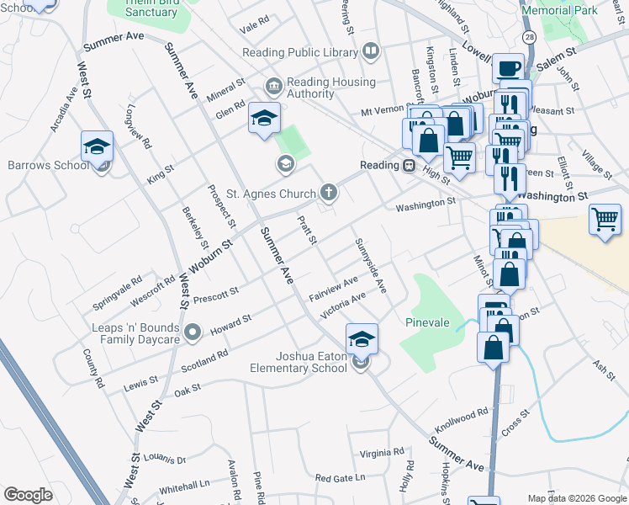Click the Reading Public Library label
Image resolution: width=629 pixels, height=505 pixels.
click(300, 52)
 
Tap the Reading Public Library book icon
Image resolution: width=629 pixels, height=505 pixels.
click(371, 52)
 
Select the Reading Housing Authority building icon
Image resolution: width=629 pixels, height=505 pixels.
click(273, 86)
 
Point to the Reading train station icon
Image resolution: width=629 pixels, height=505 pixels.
click(408, 165)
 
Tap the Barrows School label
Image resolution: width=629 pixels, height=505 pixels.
click(48, 165)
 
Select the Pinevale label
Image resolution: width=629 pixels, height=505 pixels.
click(427, 322)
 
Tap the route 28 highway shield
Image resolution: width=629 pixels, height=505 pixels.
click(529, 39)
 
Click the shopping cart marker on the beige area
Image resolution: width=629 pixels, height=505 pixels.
click(605, 221)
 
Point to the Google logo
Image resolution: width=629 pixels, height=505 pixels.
click(28, 495)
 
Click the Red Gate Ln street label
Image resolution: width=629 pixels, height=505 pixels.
click(341, 477)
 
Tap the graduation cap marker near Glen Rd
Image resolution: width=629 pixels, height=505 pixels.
click(264, 121)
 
